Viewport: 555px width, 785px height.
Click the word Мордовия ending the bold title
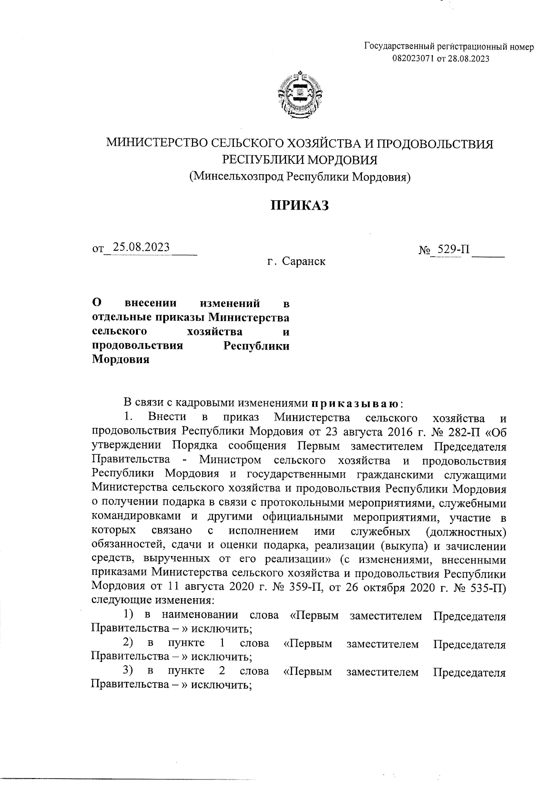121,360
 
